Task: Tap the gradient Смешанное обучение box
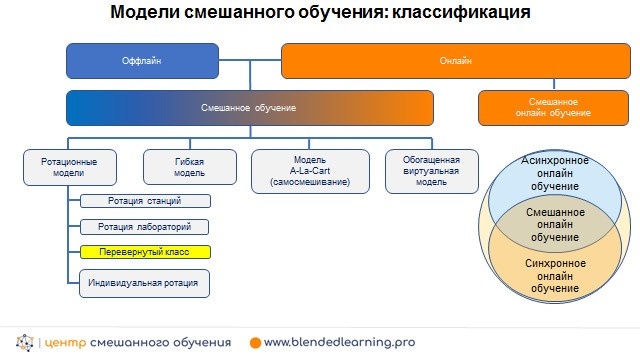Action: (250, 107)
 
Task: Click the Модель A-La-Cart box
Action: (310, 169)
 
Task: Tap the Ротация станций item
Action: (144, 202)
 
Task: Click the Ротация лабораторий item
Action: (144, 227)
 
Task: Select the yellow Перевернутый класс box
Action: (144, 251)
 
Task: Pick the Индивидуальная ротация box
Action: (144, 283)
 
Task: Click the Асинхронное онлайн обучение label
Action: (555, 174)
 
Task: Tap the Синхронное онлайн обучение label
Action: (555, 276)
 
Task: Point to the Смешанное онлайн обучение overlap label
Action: (555, 225)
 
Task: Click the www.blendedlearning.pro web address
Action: (339, 342)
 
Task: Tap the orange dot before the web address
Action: (256, 342)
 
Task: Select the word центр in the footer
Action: (66, 342)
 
